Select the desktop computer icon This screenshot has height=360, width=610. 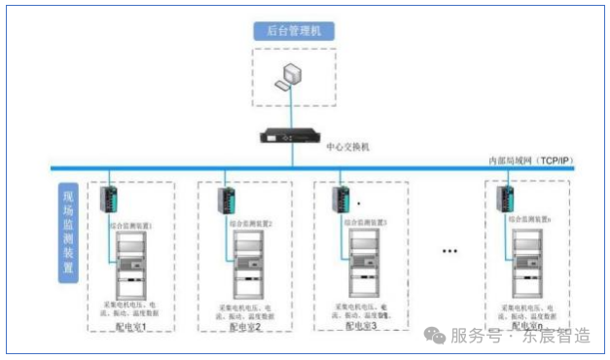tap(289, 76)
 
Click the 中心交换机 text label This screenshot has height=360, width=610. tap(348, 147)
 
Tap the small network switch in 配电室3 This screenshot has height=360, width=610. tap(342, 198)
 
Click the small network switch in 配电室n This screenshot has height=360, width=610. tap(506, 198)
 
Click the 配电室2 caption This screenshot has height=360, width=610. tap(245, 328)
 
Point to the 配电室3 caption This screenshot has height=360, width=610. tap(361, 326)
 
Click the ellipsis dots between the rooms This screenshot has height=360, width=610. tap(449, 253)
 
